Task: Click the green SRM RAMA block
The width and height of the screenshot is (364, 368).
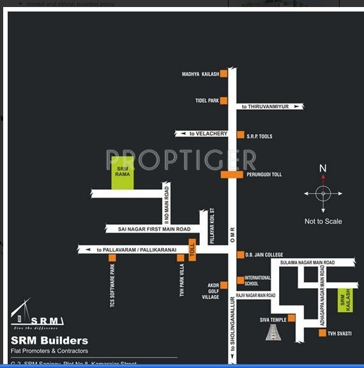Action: pos(123,172)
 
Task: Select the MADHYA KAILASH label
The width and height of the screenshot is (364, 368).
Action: pos(200,75)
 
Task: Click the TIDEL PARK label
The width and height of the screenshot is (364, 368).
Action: pos(207,101)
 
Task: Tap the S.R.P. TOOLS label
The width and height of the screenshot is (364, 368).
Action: pos(260,136)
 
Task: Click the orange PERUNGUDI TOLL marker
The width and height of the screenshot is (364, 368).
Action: pos(232,174)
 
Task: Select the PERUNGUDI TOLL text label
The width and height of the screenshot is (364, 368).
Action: pos(264,174)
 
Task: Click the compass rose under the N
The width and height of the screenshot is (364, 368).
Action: pos(323,193)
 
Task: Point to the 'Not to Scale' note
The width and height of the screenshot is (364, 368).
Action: pos(323,222)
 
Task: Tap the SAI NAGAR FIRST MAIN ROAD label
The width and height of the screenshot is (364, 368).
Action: pos(154,229)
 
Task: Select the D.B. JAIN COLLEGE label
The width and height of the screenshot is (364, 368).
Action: pos(264,254)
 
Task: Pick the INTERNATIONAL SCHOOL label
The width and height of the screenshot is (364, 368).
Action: pos(258,280)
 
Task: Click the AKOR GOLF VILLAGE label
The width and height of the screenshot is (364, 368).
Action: pos(210,291)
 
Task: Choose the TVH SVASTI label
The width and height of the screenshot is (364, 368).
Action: pos(339,333)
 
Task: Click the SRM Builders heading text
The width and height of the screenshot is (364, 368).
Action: pos(50,341)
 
